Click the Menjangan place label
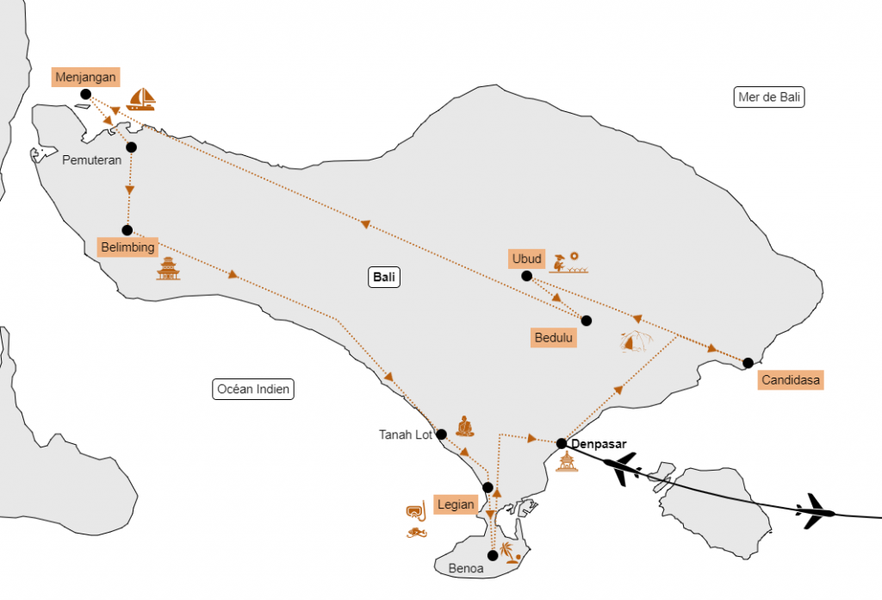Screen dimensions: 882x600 [85, 77]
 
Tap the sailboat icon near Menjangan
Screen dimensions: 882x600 [140, 99]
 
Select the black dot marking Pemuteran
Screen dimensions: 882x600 [131, 147]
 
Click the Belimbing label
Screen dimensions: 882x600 [127, 247]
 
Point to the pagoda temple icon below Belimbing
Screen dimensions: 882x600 [168, 268]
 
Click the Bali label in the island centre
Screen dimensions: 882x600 [384, 277]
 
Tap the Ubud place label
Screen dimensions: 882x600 [526, 259]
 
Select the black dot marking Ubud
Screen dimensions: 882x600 [526, 276]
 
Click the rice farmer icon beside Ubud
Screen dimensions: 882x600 [568, 263]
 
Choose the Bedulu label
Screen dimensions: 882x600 [554, 338]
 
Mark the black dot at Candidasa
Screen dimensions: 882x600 [748, 363]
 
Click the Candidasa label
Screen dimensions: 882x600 [791, 380]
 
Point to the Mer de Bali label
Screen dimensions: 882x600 [769, 97]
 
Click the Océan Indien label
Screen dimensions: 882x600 [253, 389]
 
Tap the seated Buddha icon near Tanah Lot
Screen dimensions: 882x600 [464, 427]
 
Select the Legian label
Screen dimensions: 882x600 [456, 504]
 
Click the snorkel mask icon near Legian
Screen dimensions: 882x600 [416, 510]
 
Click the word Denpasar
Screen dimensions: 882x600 [599, 444]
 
